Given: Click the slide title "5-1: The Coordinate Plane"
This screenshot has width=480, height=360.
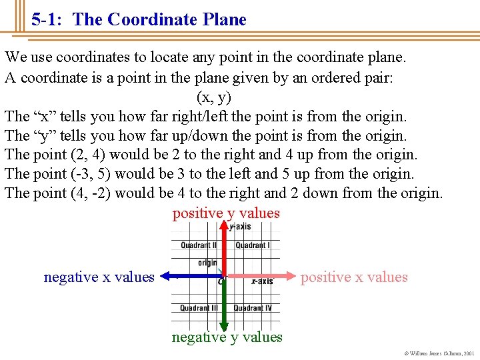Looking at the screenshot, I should tap(139, 20).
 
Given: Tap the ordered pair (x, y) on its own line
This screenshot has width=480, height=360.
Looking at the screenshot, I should tap(214, 97).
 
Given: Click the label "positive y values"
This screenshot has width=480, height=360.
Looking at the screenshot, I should tap(226, 213).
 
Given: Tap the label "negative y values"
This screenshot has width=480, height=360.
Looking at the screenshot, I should tap(227, 337).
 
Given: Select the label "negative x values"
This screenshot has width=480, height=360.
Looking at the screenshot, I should tap(99, 277).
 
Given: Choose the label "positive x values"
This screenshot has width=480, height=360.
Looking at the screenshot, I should tap(354, 277).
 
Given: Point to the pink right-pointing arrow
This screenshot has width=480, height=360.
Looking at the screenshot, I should tap(260, 275).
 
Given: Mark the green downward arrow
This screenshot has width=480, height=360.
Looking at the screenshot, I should tap(225, 303).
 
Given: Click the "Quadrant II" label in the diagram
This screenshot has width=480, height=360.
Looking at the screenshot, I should tap(199, 245).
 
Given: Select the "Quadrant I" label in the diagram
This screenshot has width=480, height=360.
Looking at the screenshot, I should tap(252, 245).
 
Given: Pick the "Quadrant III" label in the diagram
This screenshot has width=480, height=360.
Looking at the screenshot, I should tap(199, 308).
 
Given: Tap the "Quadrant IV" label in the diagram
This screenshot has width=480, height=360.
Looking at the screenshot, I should tap(253, 308).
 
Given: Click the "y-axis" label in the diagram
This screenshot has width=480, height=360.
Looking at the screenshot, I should tap(240, 227).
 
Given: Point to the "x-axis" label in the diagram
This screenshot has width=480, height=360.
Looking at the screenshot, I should tap(262, 282).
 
